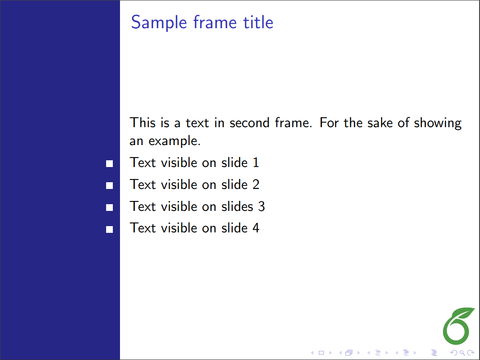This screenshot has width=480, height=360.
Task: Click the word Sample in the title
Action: (x=159, y=23)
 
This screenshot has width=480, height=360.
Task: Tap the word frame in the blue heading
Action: (x=215, y=22)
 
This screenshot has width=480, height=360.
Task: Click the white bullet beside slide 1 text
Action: (x=110, y=164)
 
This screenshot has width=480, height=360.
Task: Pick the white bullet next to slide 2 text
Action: (x=110, y=185)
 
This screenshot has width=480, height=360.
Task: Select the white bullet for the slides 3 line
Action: (x=110, y=208)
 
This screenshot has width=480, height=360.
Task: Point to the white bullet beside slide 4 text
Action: (x=110, y=229)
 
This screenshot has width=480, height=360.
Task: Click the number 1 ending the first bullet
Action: (x=256, y=163)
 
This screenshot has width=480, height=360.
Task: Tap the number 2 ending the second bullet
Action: (x=256, y=184)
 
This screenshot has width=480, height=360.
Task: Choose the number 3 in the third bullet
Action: (x=261, y=206)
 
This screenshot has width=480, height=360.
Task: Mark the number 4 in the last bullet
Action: (x=256, y=228)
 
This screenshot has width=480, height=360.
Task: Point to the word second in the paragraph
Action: (x=249, y=123)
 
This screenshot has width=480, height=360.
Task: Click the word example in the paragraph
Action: (x=175, y=141)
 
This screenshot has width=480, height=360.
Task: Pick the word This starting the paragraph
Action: (x=142, y=122)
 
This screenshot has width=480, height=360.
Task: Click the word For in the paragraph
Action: (x=329, y=122)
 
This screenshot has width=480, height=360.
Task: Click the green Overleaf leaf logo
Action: (x=458, y=326)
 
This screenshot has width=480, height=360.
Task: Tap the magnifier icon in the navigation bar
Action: (x=462, y=353)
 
